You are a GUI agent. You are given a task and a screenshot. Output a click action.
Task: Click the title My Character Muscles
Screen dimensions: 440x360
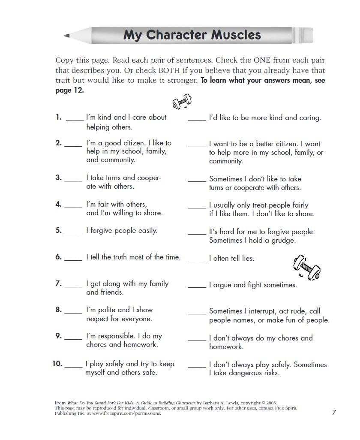[192, 35]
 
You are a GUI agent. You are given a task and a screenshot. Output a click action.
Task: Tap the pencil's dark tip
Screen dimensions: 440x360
[67, 36]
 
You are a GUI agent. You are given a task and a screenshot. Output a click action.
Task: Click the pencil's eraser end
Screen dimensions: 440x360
[307, 35]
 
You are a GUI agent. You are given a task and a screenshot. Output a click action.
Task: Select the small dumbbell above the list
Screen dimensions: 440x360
[182, 102]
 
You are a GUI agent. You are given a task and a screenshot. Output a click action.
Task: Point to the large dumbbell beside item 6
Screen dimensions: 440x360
[307, 266]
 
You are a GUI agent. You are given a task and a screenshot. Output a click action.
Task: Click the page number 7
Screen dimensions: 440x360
[334, 413]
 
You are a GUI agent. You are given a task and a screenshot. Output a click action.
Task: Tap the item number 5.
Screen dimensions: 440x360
[59, 231]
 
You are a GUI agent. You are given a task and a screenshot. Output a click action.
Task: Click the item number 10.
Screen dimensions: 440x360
[57, 364]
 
